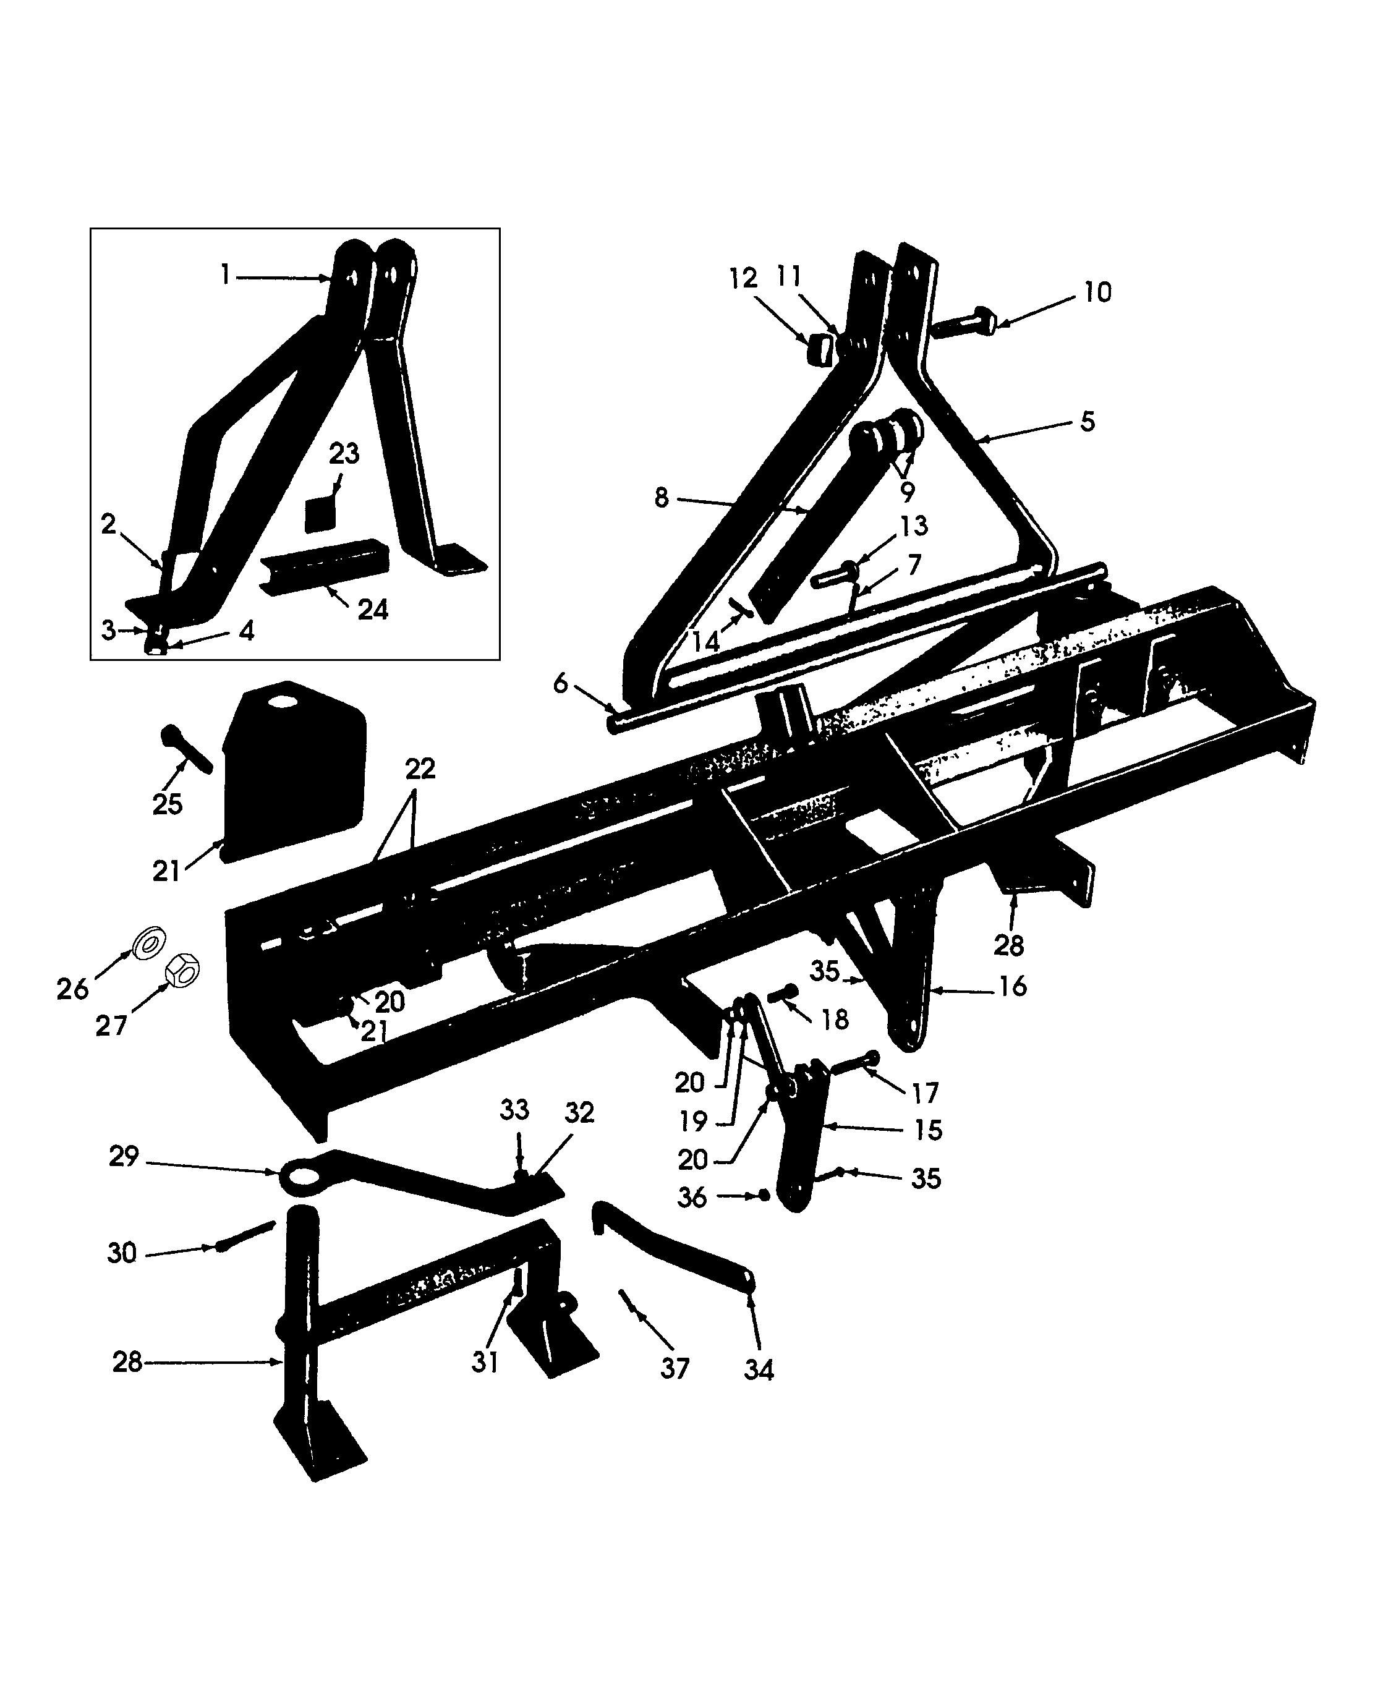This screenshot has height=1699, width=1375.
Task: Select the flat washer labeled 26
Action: (149, 942)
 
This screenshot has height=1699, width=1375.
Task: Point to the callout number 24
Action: (373, 609)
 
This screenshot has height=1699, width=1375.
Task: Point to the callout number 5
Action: (1088, 422)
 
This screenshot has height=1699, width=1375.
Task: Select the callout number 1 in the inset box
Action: (225, 275)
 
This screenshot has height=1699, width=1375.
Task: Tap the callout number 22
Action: (420, 769)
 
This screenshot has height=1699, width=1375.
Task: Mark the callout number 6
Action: (561, 683)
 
